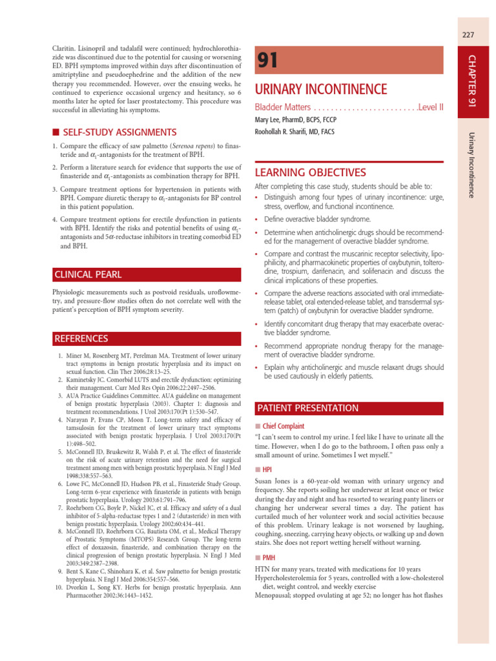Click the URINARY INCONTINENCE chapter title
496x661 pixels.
[x=321, y=89]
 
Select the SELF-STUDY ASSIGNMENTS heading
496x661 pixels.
[x=119, y=132]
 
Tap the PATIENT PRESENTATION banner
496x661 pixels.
[x=307, y=408]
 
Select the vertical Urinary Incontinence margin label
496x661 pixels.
[x=471, y=164]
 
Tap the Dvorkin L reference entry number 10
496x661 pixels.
[x=59, y=587]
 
